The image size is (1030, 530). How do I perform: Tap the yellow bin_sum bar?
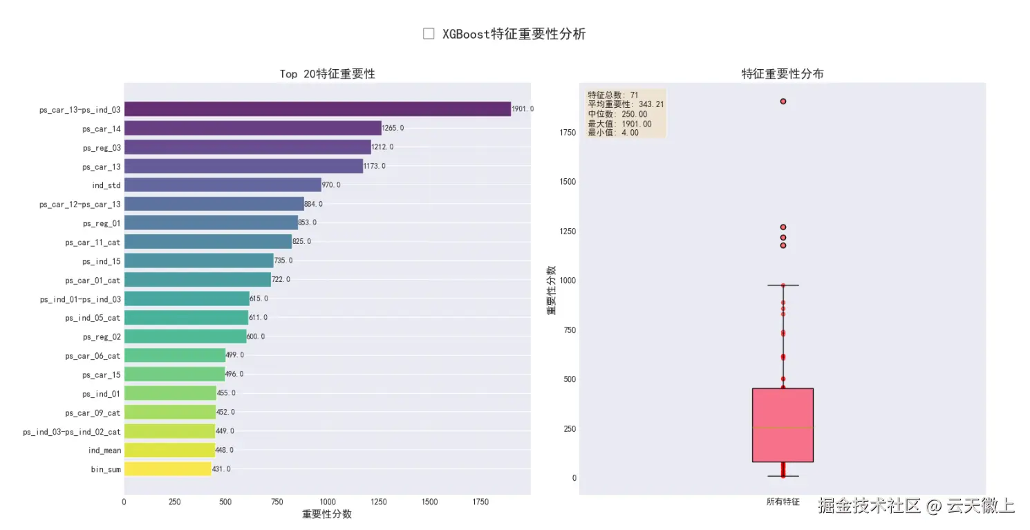point(167,469)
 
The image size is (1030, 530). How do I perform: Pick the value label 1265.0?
point(393,129)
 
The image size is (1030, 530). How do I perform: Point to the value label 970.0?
point(331,185)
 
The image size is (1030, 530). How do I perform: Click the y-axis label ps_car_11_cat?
point(93,242)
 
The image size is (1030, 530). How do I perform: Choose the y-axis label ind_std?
point(106,185)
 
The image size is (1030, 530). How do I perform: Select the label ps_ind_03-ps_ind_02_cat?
point(72,431)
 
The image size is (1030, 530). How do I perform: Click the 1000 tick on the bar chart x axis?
point(327,502)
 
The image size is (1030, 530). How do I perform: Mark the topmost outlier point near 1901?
point(783,102)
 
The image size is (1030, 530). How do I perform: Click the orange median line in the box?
point(783,428)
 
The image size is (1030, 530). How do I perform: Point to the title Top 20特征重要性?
point(327,74)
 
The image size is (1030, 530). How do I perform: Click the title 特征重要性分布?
point(783,74)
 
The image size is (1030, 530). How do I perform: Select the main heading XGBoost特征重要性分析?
point(514,34)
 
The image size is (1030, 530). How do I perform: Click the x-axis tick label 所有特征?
point(783,502)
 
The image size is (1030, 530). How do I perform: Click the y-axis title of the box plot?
point(552,290)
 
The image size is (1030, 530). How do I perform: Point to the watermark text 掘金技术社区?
point(870,506)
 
